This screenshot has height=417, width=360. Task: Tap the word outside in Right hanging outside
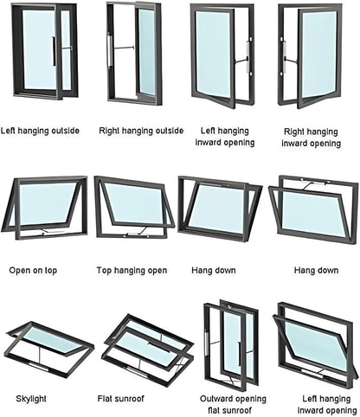click(170, 131)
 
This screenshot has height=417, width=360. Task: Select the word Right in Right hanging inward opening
click(294, 132)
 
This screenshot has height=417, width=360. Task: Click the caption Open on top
click(33, 271)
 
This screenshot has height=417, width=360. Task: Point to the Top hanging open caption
click(132, 271)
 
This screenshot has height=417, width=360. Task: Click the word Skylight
click(31, 399)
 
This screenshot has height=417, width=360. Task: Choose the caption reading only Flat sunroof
click(120, 399)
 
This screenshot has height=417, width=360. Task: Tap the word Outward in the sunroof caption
click(216, 399)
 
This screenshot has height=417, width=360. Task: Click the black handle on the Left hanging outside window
click(54, 52)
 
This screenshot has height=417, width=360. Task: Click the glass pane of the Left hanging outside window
click(39, 49)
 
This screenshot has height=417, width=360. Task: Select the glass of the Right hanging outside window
click(147, 52)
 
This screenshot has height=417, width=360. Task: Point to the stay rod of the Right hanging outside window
click(123, 48)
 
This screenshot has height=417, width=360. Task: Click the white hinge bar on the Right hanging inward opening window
click(284, 57)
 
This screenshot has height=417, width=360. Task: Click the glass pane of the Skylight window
click(50, 339)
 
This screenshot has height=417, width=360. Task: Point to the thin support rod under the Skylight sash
click(38, 356)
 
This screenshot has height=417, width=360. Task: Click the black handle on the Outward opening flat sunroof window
click(240, 354)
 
